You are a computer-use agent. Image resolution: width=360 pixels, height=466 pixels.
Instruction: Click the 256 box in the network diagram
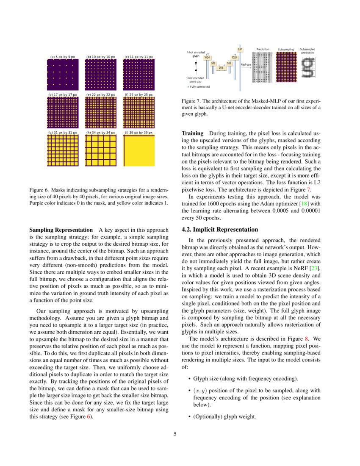point(221,67)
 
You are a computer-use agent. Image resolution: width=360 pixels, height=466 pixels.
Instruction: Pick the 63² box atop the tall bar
point(240,50)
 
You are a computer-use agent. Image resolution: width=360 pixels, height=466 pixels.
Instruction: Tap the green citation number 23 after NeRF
point(316,269)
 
